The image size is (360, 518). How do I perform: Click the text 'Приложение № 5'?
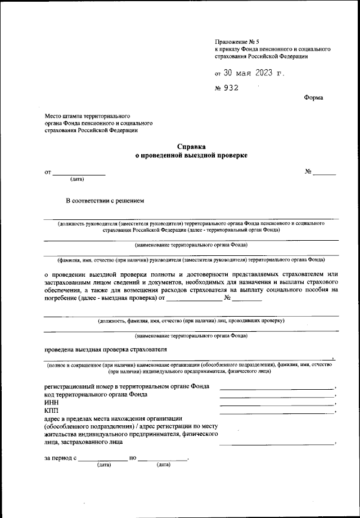[x=237, y=42]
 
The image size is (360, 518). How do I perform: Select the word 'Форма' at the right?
[x=313, y=98]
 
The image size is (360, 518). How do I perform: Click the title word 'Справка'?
[x=191, y=146]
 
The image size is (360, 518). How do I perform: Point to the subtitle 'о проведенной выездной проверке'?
[x=191, y=155]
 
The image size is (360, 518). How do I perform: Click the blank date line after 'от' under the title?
[x=79, y=174]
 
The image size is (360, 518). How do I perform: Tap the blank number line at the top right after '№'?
[x=324, y=174]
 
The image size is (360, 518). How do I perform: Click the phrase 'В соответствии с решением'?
[x=106, y=200]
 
